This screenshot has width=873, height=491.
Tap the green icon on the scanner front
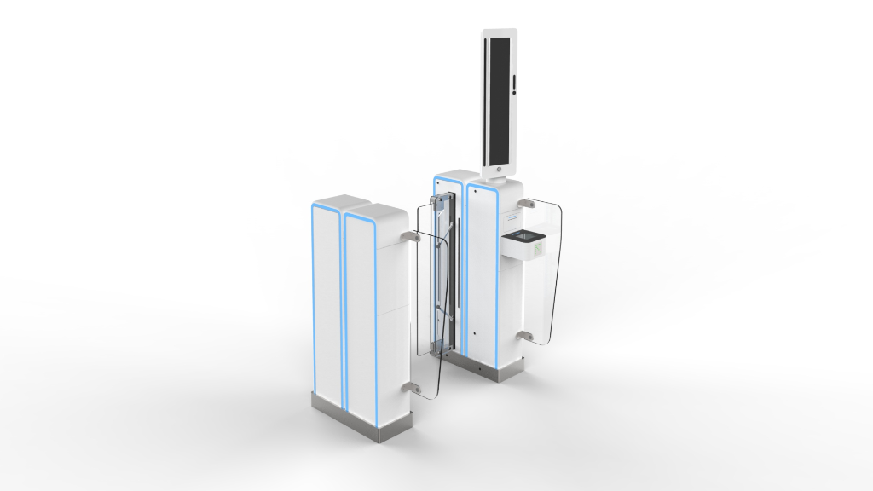tap(538, 248)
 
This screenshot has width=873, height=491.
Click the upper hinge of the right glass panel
tap(529, 204)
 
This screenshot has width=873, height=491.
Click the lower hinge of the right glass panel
tap(529, 338)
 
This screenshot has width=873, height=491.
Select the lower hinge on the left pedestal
tap(414, 390)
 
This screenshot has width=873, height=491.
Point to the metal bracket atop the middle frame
tap(440, 201)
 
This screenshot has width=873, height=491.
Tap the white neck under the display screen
tap(499, 175)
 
